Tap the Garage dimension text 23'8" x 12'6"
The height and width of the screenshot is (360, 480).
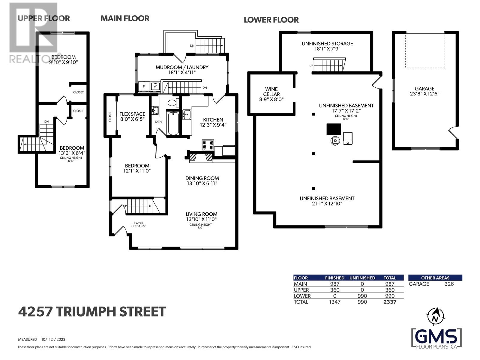(x=424, y=94)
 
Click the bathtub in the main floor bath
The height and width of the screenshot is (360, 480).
(x=173, y=123)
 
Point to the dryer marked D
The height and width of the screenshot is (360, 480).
(x=144, y=86)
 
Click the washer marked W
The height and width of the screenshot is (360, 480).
(x=155, y=86)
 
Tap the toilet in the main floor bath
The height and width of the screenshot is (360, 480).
(x=172, y=103)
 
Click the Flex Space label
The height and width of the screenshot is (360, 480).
(x=132, y=114)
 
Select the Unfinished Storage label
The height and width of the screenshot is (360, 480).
(x=327, y=43)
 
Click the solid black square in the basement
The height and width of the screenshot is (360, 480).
(x=334, y=129)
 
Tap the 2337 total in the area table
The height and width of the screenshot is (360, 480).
(x=390, y=302)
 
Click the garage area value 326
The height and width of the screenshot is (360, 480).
(x=449, y=284)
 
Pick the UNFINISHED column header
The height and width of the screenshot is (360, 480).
(x=362, y=278)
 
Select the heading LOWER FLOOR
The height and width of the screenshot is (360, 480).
(x=271, y=20)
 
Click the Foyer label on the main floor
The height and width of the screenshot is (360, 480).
(x=139, y=223)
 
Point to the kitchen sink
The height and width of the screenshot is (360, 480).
(x=187, y=114)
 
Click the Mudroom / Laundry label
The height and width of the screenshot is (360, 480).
(x=182, y=67)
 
